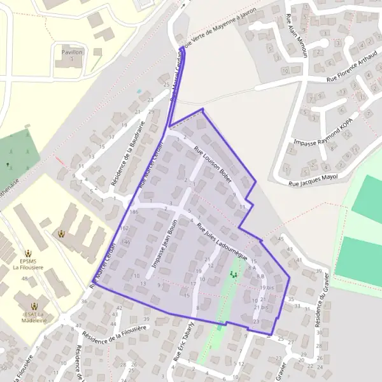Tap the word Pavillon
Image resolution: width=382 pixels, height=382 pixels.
pyautogui.click(x=72, y=52)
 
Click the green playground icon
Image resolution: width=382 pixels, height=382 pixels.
pyautogui.click(x=233, y=274)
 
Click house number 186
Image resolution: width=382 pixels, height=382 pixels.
pyautogui.click(x=134, y=211)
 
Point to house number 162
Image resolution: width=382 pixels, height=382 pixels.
pyautogui.click(x=124, y=227)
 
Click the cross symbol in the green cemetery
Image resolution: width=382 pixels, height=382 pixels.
pyautogui.click(x=8, y=164)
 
